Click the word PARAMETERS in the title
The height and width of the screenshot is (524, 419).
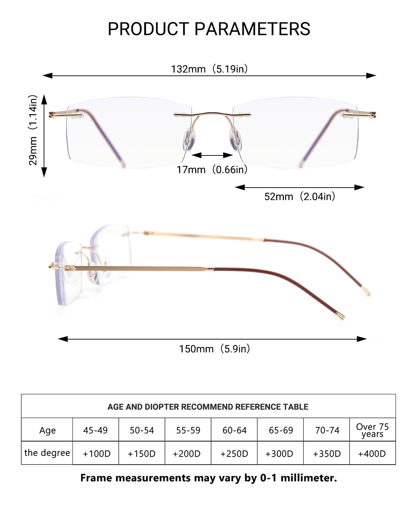252,29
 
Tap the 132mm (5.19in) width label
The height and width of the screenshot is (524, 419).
209,69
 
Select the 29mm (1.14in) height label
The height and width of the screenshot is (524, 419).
33,130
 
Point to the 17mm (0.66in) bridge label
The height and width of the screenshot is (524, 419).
212,170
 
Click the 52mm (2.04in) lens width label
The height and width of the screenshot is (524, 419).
300,196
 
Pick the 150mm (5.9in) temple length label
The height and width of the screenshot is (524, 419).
214,349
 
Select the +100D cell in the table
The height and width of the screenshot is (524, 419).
96,453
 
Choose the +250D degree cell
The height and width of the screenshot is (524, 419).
234,453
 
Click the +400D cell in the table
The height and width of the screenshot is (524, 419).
372,453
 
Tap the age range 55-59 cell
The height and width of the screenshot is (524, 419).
188,430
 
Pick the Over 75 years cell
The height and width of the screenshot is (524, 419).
372,430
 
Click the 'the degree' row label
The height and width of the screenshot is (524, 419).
47,453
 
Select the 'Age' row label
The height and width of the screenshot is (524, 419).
47,430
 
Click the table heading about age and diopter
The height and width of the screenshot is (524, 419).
208,407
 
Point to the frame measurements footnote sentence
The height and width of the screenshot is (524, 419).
208,478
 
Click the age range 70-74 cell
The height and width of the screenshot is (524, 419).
327,430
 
